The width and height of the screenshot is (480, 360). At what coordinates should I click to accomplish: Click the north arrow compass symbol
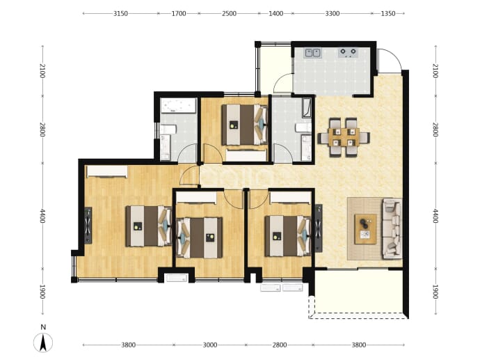(43, 342)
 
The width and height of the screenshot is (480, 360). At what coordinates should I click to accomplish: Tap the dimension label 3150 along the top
(120, 13)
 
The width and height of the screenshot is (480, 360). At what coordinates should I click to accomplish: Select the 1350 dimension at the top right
(388, 13)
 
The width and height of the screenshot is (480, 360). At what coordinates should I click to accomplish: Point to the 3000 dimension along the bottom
(210, 345)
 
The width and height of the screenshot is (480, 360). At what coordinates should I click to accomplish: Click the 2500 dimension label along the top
(229, 13)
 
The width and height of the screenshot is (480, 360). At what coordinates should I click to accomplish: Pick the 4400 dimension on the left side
(42, 216)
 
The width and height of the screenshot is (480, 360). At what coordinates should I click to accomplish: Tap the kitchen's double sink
(312, 53)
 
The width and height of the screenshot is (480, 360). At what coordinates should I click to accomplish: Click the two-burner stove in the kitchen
(348, 53)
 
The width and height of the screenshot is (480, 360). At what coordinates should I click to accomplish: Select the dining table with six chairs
(344, 138)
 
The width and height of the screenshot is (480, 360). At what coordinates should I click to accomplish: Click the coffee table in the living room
(365, 229)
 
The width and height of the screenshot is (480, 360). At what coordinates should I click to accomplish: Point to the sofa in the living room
(392, 228)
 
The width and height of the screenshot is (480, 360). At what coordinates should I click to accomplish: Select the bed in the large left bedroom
(149, 226)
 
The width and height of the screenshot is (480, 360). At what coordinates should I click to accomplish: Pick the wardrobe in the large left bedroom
(107, 171)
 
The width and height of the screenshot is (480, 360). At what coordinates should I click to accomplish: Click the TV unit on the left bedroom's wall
(88, 225)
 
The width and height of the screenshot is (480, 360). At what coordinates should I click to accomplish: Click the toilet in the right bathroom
(303, 127)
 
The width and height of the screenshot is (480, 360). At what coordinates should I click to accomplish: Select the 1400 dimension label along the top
(275, 13)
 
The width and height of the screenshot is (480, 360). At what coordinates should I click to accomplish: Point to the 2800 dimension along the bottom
(280, 345)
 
